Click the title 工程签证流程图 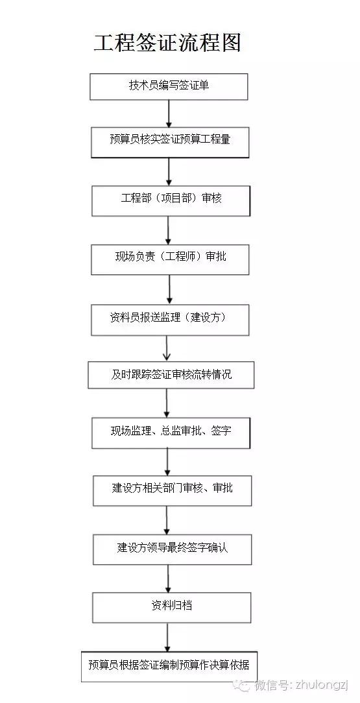[167, 43]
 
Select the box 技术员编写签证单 [169, 86]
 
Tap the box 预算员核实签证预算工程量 [170, 142]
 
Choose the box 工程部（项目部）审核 [171, 200]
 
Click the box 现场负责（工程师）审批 [170, 259]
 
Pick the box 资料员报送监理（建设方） [170, 320]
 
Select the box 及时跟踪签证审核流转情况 [171, 375]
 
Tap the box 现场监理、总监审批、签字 [171, 433]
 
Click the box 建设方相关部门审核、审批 [172, 491]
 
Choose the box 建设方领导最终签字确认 [172, 549]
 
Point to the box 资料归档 [172, 608]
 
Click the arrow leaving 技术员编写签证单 [169, 113]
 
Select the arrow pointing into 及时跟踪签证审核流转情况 [167, 349]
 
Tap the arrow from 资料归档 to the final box [167, 637]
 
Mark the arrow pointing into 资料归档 [168, 578]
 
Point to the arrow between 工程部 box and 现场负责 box [169, 230]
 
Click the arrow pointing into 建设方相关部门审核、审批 [167, 462]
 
